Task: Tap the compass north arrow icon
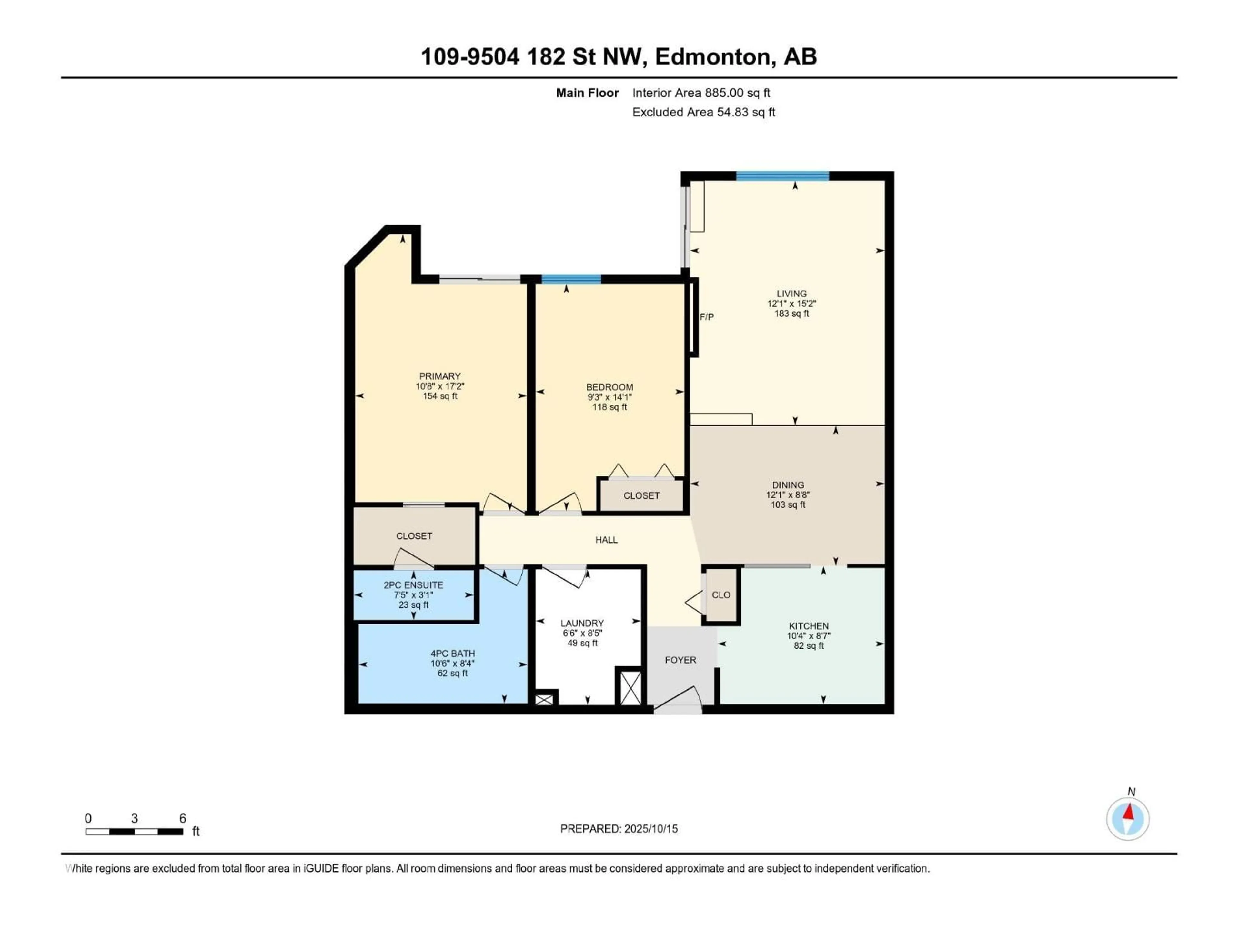click(x=1128, y=819)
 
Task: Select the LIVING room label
click(x=791, y=294)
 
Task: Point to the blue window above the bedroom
click(x=571, y=279)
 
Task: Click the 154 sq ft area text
click(x=440, y=396)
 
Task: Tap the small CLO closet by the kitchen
click(x=721, y=595)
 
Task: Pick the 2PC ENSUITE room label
click(x=413, y=585)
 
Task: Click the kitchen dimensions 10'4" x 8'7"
click(x=808, y=636)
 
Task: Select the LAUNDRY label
click(x=582, y=623)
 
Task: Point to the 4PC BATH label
click(x=453, y=654)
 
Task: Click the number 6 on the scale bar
click(x=183, y=818)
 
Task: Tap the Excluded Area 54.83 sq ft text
click(x=703, y=112)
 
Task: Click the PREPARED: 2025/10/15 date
click(x=619, y=829)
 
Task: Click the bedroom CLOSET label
click(x=641, y=495)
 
